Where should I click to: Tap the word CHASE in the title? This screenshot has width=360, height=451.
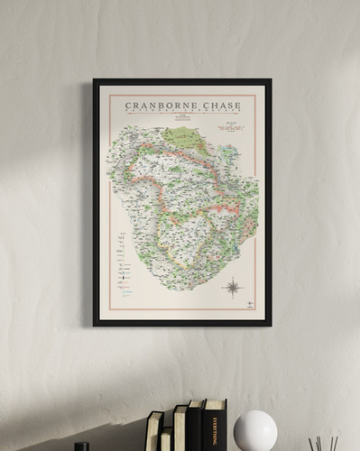pyautogui.click(x=222, y=106)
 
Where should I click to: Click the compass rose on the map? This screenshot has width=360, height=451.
pyautogui.click(x=233, y=289)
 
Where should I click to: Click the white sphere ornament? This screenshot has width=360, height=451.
pyautogui.click(x=254, y=430)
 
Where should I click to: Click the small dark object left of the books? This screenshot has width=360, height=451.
pyautogui.click(x=81, y=446)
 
